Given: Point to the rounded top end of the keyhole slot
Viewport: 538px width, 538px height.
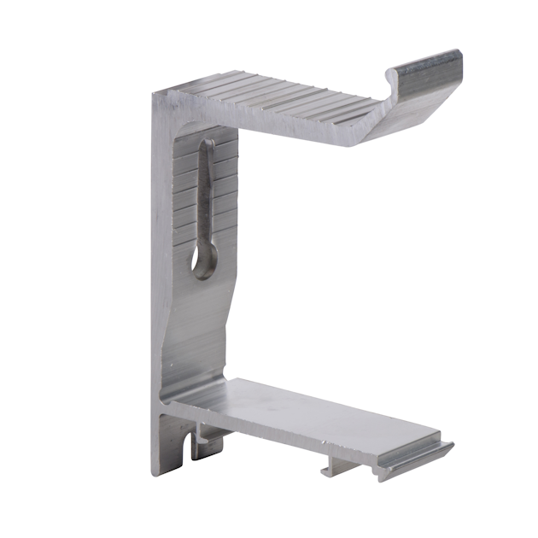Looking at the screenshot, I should pos(207,145).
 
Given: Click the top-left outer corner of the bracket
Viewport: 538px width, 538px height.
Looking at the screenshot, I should pos(155,93).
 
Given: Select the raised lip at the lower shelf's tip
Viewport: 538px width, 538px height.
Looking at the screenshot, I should pos(423,453).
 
